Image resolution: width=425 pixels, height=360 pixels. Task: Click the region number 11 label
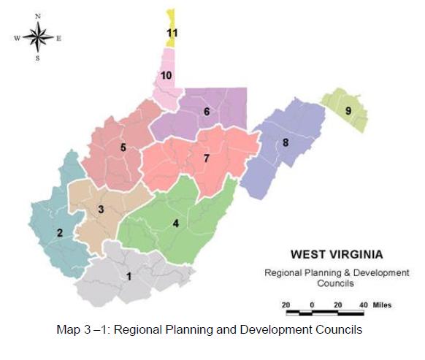172,33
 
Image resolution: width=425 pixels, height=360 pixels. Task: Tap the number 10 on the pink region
166,75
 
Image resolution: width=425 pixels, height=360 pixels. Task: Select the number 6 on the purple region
207,112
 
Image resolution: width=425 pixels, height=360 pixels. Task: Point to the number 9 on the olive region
348,110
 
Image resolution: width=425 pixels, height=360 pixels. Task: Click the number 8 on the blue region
286,143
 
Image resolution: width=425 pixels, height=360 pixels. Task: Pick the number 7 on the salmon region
207,158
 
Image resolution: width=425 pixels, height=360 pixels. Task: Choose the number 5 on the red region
123,148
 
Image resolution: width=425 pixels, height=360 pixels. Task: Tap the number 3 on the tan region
101,210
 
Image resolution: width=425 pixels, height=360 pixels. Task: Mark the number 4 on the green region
175,223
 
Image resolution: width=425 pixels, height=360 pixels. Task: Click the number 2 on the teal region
60,233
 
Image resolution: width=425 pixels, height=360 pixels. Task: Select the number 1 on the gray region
129,277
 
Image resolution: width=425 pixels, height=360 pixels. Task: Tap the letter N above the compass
38,15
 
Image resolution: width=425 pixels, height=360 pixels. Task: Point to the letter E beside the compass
59,37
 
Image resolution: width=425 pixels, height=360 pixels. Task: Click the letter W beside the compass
16,37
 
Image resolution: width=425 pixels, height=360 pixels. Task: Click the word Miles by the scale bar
383,303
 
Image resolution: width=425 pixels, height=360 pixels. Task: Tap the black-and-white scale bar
325,313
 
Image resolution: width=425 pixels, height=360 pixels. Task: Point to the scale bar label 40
363,303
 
